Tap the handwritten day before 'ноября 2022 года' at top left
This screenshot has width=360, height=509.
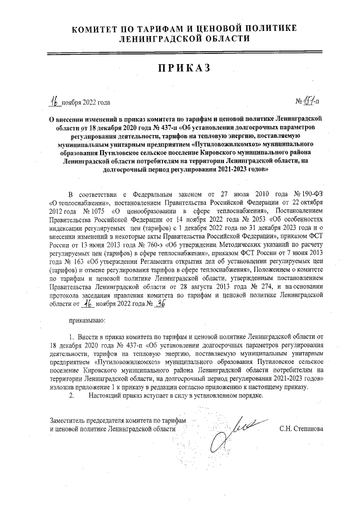coord(54,101)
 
